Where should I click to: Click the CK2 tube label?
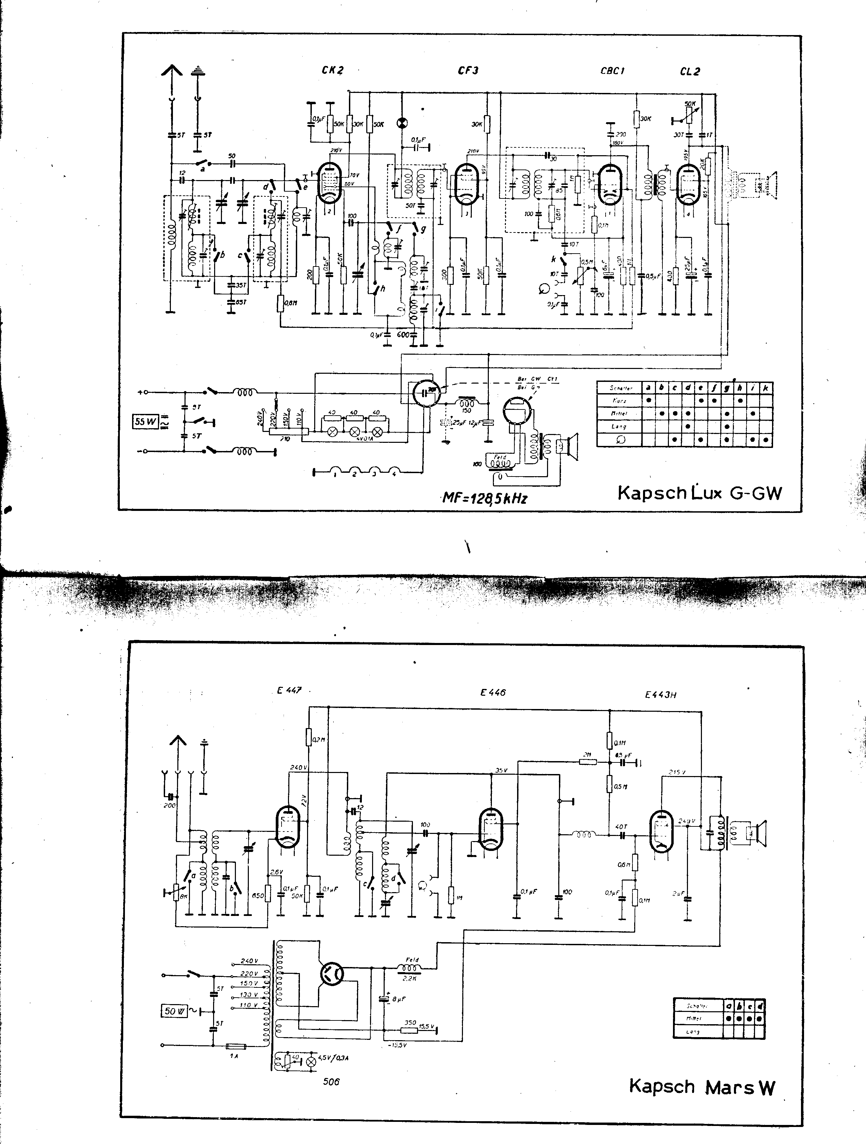[x=332, y=70]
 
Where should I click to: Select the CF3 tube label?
[x=468, y=70]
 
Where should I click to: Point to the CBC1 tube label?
[x=612, y=71]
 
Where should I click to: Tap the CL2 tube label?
[x=690, y=72]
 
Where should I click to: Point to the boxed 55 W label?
[x=146, y=421]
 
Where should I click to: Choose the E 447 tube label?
[x=289, y=690]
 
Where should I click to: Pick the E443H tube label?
[x=660, y=695]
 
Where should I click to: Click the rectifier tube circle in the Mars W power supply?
[x=332, y=974]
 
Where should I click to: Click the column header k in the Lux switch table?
[x=766, y=387]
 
